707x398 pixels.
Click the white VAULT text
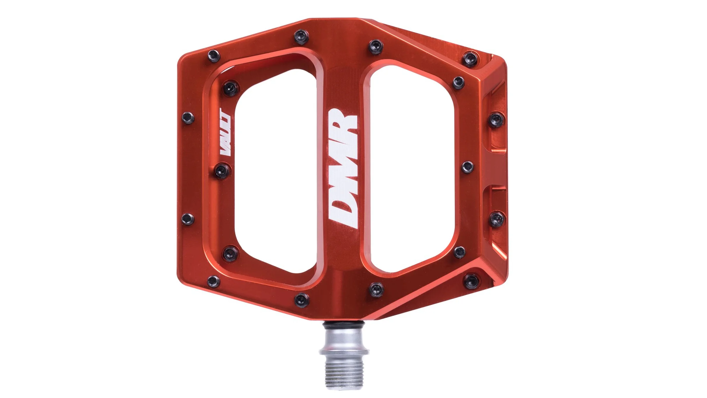225,132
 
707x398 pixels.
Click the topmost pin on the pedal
301,36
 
